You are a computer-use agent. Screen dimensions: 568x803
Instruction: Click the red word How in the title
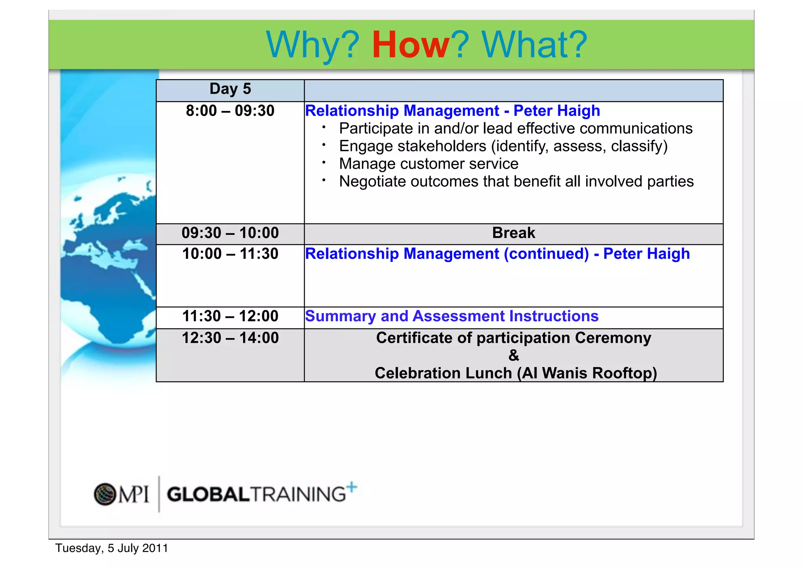point(410,45)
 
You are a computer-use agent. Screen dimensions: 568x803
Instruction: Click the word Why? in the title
point(312,45)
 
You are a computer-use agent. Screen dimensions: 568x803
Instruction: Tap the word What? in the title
point(534,45)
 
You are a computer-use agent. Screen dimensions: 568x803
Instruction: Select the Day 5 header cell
point(230,89)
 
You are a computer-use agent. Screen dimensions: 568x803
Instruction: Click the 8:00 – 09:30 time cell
point(230,111)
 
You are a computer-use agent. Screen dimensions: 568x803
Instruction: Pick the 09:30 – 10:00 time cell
point(230,233)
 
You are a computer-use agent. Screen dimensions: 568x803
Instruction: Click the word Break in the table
point(513,233)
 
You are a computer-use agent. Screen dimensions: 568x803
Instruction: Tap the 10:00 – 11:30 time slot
point(230,254)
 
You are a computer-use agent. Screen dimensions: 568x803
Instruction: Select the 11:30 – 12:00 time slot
point(230,316)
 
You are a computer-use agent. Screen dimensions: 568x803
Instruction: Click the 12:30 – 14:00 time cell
point(230,338)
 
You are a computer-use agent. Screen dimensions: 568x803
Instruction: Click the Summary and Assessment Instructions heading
point(452,316)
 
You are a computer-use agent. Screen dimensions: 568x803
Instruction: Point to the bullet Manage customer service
point(429,164)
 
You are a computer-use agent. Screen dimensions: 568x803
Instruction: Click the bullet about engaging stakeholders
point(503,146)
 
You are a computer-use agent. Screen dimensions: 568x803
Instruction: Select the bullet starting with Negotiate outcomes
point(516,182)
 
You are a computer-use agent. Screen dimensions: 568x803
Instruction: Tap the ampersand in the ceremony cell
point(514,355)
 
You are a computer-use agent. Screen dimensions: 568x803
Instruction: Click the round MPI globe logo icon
point(105,494)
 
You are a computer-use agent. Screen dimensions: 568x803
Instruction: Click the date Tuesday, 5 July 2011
point(112,548)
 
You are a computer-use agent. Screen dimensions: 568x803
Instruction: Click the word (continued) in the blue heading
point(546,254)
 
